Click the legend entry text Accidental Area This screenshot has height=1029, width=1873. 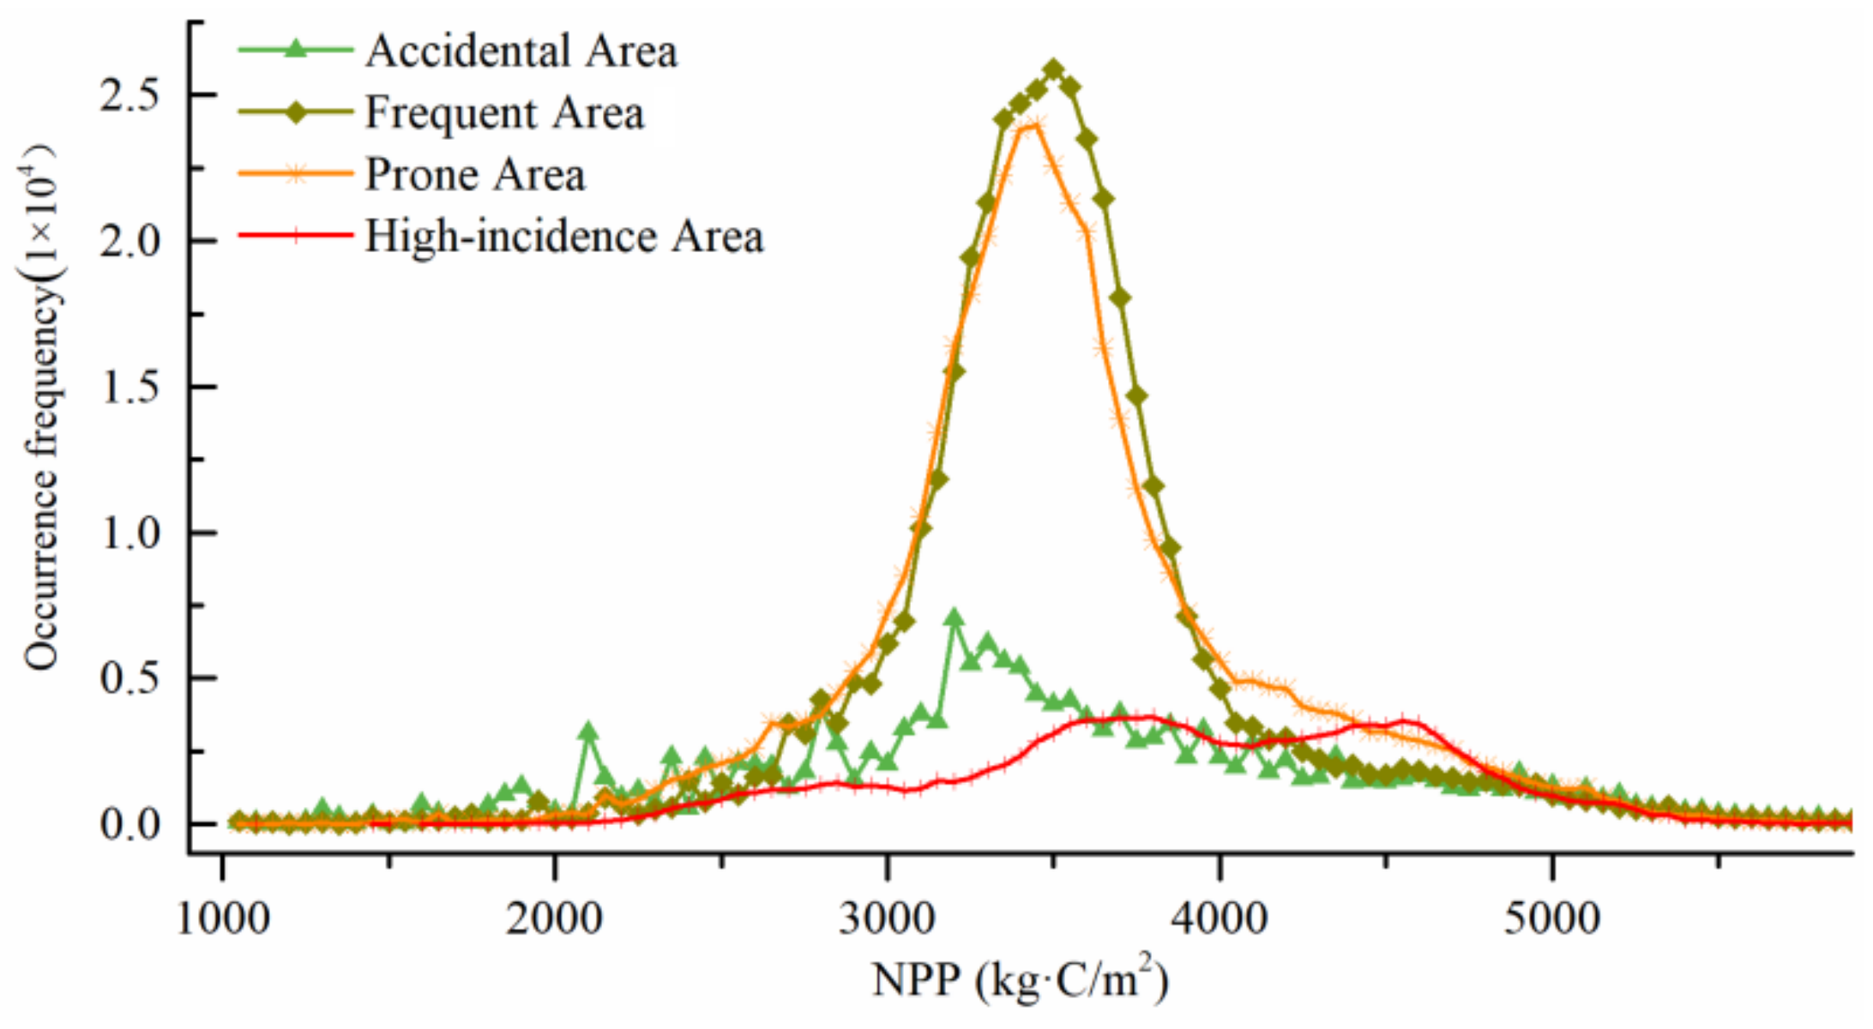[521, 51]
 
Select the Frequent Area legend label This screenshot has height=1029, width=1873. [504, 113]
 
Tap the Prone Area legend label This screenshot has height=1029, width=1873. [475, 175]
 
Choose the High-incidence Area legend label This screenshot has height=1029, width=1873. [563, 237]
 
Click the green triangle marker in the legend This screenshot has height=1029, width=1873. [295, 50]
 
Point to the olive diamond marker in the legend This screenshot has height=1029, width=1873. [295, 112]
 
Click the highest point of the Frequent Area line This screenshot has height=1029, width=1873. [1054, 69]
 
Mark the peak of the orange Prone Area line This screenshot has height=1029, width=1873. [1035, 125]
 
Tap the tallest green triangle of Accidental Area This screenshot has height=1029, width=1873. [954, 617]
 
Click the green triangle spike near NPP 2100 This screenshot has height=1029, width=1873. [588, 731]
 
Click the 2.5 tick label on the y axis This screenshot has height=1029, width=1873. [129, 95]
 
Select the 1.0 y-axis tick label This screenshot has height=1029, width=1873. [129, 533]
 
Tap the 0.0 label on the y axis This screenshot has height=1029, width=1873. [129, 825]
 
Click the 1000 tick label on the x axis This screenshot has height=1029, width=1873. [223, 919]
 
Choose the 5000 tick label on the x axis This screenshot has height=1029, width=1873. [1552, 919]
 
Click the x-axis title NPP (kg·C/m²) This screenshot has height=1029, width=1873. [1021, 980]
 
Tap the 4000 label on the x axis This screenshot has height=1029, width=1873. [1220, 919]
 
